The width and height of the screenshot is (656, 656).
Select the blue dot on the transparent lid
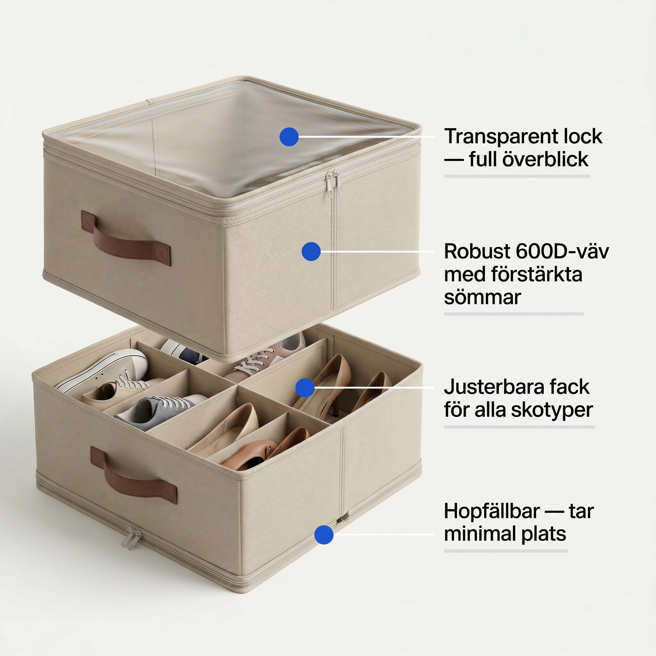tap(289, 137)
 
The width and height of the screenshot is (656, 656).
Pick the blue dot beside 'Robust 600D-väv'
tap(311, 251)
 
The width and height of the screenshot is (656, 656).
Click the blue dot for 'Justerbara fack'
tap(305, 388)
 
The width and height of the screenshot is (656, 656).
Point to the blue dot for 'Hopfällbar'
tap(324, 535)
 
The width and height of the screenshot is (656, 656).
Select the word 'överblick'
tap(545, 159)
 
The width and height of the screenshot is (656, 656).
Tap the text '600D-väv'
tap(562, 251)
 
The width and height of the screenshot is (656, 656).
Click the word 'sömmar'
tap(482, 298)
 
